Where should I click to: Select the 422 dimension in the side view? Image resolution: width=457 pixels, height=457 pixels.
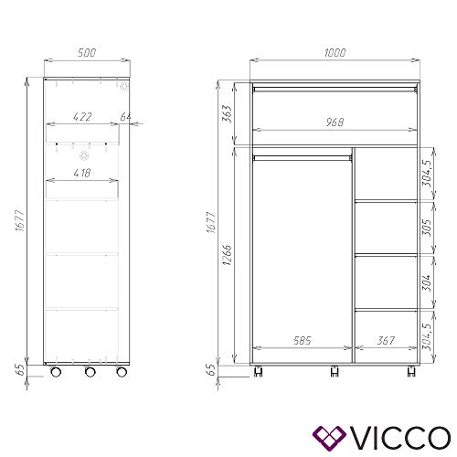tap(84, 116)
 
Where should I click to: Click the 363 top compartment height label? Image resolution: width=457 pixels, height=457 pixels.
tap(226, 114)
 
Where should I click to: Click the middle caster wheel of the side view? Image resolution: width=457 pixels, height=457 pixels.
tap(88, 373)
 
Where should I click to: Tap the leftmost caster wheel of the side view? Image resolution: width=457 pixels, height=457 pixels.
tap(57, 373)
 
